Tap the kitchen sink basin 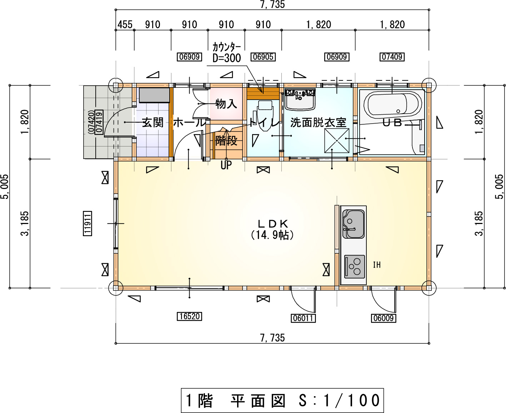point(354,224)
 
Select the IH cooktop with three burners point(354,267)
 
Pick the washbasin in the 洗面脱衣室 point(300,99)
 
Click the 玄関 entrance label point(153,123)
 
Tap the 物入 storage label point(226,104)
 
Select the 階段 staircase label point(226,140)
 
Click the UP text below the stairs point(226,165)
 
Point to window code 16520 point(189,316)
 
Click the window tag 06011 point(303,318)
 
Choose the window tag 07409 point(392,57)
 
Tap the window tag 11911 point(87,224)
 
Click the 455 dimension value point(125,25)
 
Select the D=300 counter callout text point(227,58)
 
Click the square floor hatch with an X point(337,141)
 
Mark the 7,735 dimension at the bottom point(272,338)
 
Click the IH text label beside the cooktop point(377,265)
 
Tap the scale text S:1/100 point(339,400)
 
